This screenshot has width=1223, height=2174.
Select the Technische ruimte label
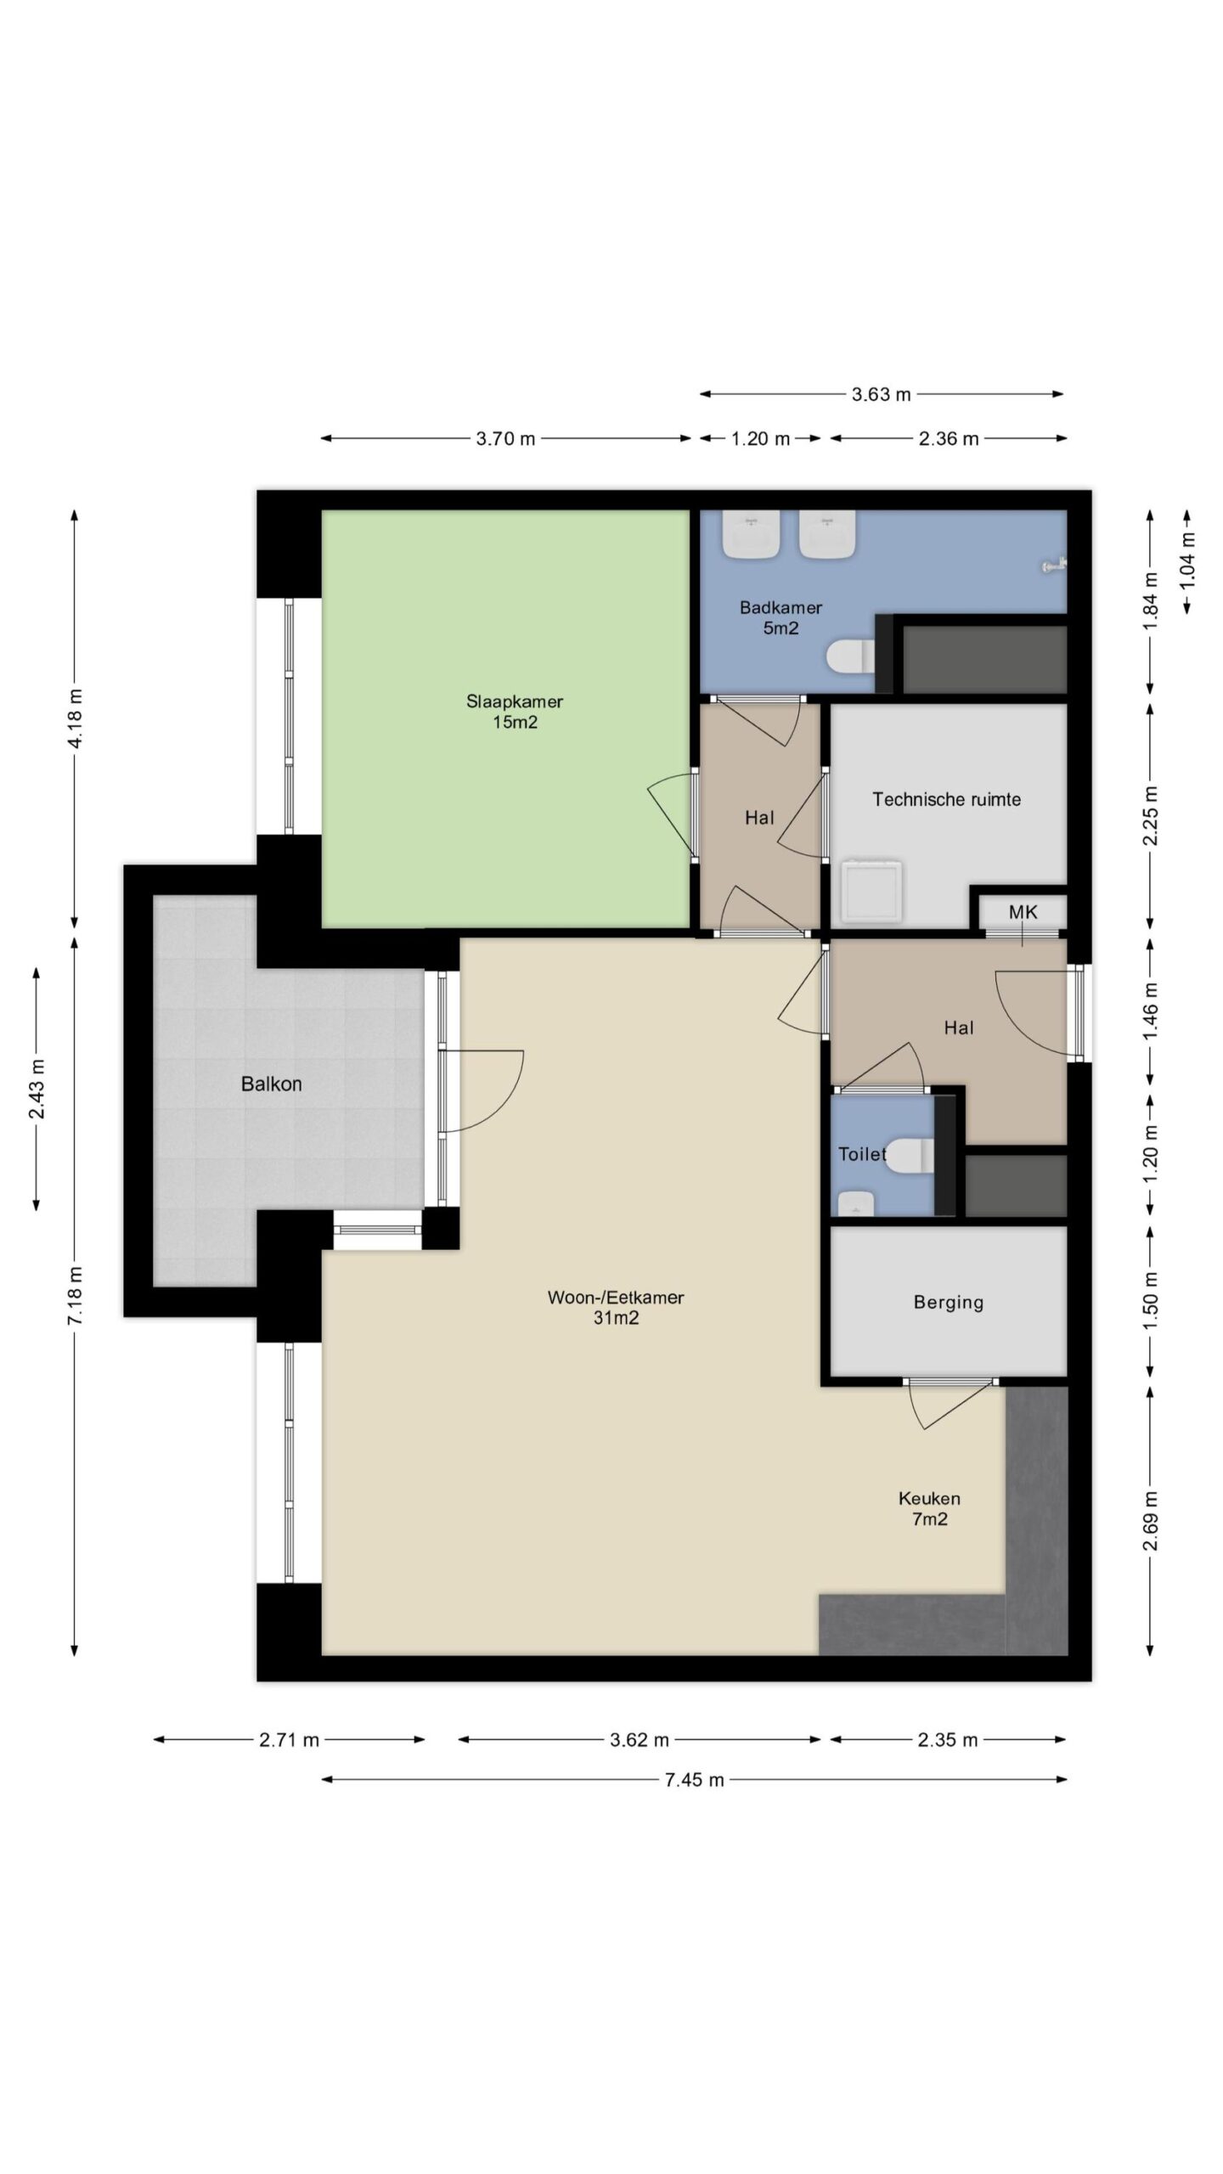click(x=946, y=799)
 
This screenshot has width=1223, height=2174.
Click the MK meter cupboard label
click(x=1023, y=912)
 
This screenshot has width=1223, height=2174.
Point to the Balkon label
click(x=271, y=1084)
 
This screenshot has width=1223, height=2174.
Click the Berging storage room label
click(x=948, y=1302)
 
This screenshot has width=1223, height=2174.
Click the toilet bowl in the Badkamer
click(x=850, y=656)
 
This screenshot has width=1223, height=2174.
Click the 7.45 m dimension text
click(x=694, y=1780)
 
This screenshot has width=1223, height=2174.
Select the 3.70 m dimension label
click(x=505, y=438)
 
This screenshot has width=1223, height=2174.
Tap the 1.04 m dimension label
click(x=1187, y=560)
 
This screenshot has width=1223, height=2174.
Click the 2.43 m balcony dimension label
click(x=37, y=1090)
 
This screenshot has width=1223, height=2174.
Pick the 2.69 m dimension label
click(x=1151, y=1520)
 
